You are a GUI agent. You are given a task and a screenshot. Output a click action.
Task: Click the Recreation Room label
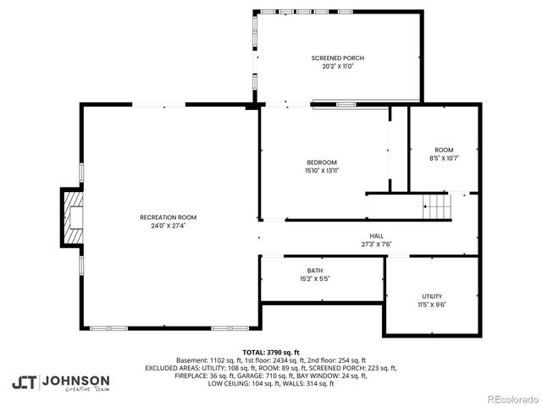162,217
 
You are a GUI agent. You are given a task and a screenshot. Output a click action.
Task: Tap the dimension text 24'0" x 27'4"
162,226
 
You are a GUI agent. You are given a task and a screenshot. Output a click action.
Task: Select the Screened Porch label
338,58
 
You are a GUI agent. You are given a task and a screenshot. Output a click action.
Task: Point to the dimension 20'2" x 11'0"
338,66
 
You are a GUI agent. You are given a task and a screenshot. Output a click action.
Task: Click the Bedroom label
322,162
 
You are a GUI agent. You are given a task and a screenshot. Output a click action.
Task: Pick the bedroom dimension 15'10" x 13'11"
322,171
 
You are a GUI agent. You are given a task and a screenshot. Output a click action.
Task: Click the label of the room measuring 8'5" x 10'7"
444,149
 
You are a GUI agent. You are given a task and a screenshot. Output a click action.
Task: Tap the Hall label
375,236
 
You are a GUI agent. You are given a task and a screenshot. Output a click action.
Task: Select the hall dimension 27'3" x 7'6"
375,244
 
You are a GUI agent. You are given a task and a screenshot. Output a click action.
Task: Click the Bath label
314,271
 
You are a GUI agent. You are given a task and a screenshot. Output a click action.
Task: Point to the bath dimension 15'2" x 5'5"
314,278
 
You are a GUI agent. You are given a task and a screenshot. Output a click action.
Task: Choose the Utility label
432,296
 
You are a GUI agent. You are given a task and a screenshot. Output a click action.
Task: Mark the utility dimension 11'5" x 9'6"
432,304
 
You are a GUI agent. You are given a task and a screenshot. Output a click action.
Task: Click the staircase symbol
434,206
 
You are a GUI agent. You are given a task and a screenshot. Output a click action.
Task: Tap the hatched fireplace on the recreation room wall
72,217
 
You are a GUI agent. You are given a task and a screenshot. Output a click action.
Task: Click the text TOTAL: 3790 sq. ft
271,352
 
